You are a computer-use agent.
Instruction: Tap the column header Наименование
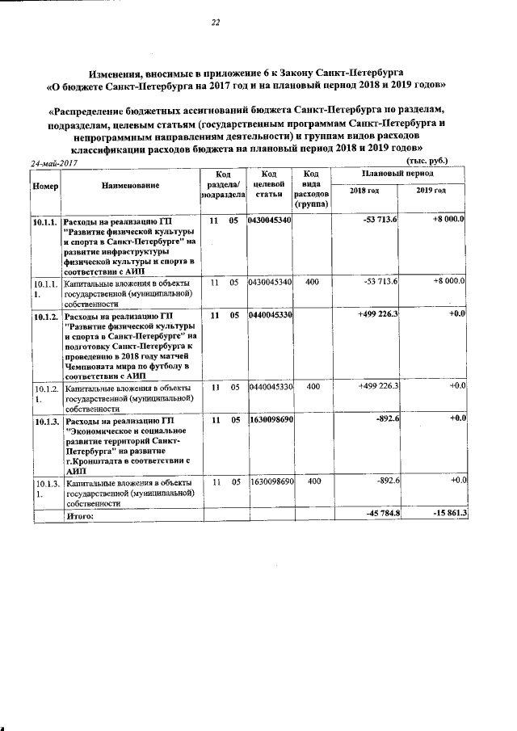point(130,185)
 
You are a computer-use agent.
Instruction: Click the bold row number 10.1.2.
point(44,316)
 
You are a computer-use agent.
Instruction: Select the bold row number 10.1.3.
point(44,422)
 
